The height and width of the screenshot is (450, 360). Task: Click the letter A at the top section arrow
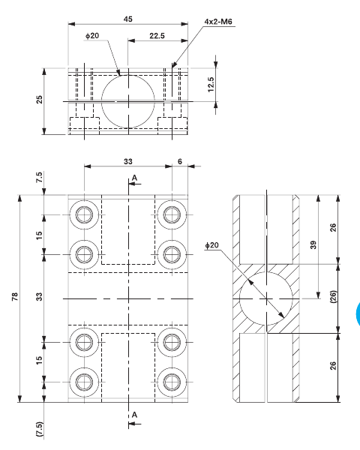(x=134, y=178)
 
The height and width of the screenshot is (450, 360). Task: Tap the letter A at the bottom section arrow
(x=134, y=414)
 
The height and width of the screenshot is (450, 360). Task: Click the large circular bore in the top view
(x=128, y=100)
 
